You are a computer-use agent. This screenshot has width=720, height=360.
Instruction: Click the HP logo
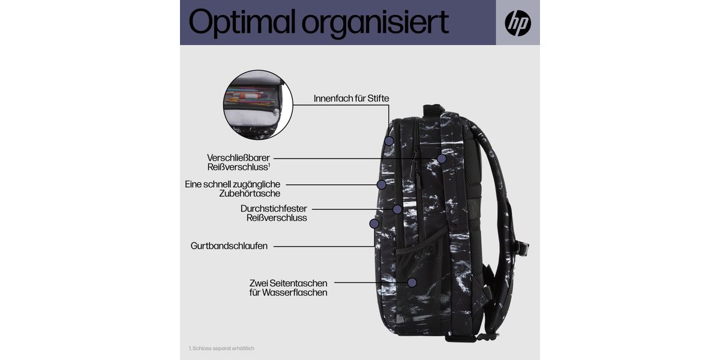[518, 23]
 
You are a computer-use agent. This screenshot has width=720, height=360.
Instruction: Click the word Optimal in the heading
[242, 22]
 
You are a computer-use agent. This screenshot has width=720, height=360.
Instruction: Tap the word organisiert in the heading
[375, 23]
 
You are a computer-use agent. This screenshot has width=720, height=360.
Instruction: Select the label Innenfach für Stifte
[352, 98]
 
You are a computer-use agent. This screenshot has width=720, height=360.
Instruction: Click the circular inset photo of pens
[258, 105]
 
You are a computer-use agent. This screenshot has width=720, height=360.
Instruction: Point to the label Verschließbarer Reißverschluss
[239, 163]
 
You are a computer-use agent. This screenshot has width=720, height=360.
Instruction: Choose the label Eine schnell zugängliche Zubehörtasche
[233, 188]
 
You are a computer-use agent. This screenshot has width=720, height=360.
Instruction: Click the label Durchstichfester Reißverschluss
[274, 213]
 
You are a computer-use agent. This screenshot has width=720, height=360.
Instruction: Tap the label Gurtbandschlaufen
[229, 246]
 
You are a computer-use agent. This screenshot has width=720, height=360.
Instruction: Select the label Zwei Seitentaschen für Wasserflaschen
[289, 287]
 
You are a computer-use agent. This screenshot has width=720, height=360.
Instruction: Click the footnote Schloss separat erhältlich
[221, 348]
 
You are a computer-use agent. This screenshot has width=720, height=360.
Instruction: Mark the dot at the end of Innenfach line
[389, 141]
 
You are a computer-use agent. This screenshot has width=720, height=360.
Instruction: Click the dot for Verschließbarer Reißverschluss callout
[442, 158]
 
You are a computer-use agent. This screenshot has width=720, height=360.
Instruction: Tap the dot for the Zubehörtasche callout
[382, 185]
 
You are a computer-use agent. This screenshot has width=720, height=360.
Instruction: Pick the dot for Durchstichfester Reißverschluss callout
[397, 209]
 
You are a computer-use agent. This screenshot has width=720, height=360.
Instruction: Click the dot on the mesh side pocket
[412, 283]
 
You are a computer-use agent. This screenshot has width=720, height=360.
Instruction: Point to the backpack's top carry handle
[434, 110]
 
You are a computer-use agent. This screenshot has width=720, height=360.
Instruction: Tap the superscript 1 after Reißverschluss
[269, 165]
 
